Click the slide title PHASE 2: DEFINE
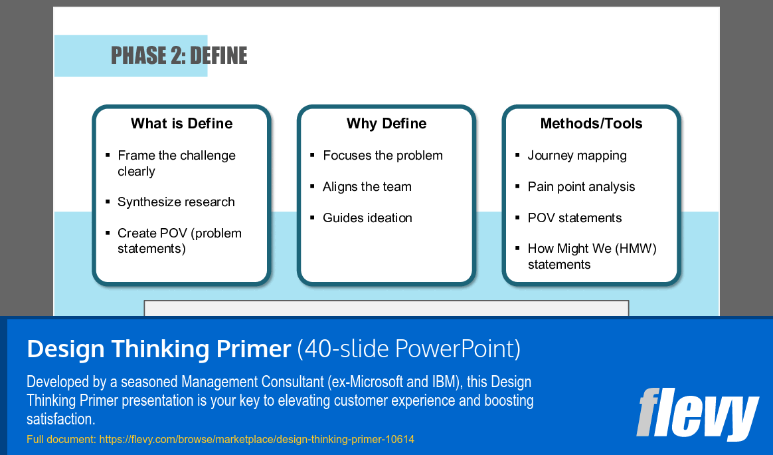179,56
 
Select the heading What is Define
181,124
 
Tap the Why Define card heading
386,124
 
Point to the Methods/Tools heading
591,124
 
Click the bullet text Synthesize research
176,202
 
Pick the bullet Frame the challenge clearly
176,164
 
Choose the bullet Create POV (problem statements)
179,241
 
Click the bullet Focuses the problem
383,156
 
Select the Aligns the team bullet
367,187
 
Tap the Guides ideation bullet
367,218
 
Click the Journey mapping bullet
577,156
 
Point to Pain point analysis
581,187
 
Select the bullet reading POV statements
574,218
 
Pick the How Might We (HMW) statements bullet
592,257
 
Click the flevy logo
697,414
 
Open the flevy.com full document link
256,440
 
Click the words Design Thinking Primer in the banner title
159,349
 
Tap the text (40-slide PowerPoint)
408,349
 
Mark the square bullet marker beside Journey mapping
517,155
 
